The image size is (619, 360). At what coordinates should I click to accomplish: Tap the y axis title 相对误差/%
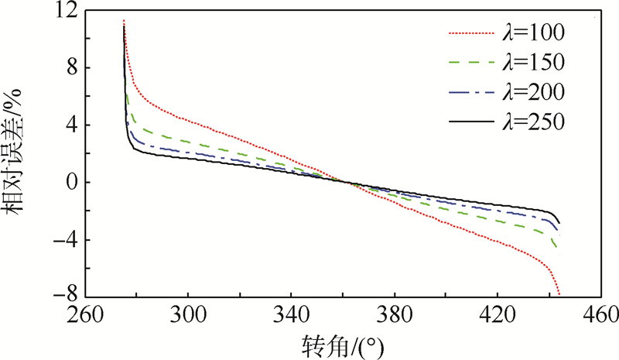[17, 155]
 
